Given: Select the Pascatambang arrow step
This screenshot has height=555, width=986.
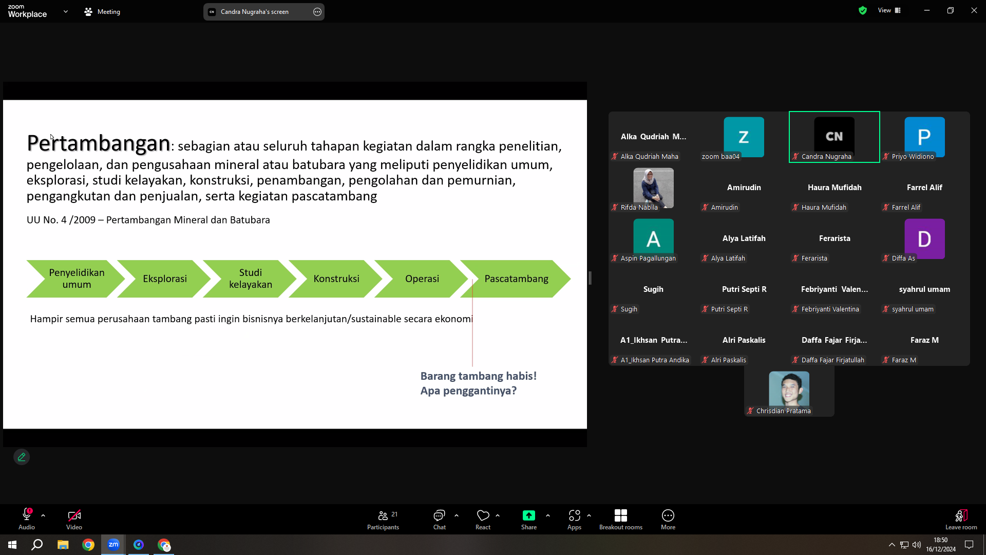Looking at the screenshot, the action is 516,279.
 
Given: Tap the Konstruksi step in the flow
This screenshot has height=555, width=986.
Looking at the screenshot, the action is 336,279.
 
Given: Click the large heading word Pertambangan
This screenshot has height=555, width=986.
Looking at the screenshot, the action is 99,143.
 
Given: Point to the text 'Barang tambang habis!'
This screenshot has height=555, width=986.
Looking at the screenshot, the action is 479,376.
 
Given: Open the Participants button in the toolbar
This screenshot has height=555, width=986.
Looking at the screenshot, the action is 383,520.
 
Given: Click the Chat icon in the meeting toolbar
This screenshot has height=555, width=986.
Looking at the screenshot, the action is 440,520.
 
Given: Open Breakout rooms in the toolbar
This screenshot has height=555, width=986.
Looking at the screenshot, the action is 621,520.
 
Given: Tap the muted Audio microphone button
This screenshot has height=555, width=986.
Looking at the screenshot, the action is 27,520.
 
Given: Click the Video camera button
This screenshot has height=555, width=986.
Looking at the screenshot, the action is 74,520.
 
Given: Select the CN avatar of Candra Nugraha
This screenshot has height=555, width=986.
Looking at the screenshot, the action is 835,136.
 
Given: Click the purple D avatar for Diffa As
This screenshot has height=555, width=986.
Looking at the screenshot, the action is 924,238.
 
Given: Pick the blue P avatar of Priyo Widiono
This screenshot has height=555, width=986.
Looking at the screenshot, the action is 924,137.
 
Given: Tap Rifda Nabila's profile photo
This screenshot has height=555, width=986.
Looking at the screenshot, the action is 653,188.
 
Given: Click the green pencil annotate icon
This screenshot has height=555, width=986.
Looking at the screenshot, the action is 22,457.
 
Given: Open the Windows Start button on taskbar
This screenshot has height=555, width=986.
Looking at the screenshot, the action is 12,545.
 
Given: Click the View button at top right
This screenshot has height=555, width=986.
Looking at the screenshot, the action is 889,10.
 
